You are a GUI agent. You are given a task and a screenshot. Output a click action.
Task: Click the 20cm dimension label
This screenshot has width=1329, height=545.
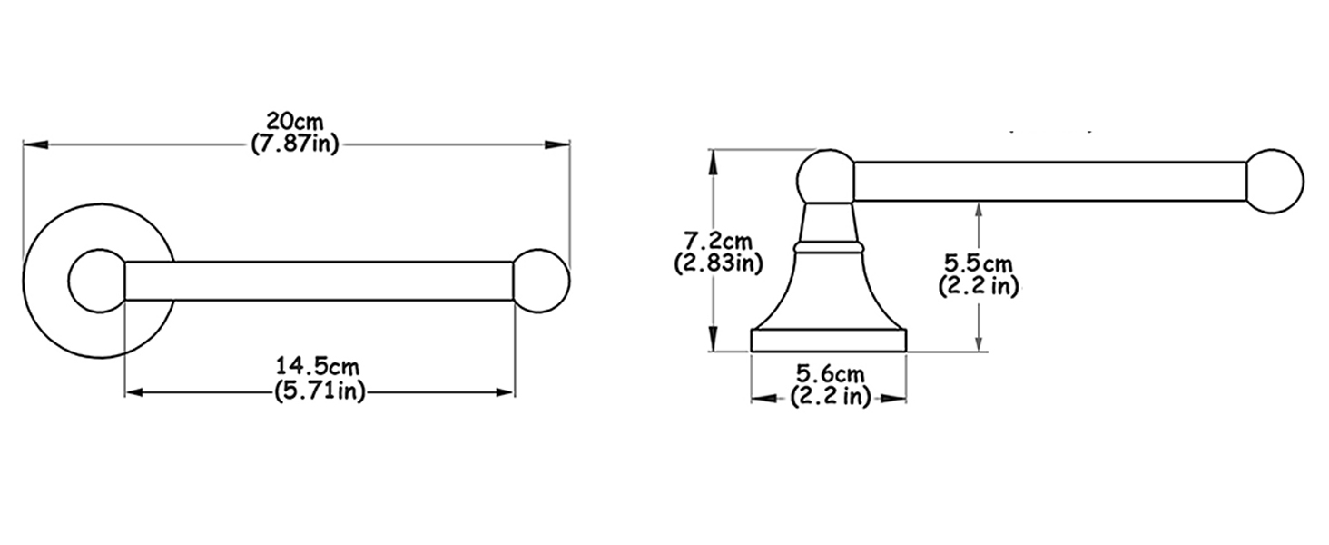[x=294, y=122]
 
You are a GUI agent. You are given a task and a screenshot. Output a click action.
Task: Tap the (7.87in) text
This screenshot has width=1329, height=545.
[x=294, y=144]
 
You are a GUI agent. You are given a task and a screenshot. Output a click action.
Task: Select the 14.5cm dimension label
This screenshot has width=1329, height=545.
[x=318, y=366]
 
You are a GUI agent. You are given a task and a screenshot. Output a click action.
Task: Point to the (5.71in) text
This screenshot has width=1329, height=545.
[x=320, y=391]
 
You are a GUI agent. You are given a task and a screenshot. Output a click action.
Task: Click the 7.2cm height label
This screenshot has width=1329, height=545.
[x=718, y=241]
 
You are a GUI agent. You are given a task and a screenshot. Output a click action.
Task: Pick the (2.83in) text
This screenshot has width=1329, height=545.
[x=718, y=263]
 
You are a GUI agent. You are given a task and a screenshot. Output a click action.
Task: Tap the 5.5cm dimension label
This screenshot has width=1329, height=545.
[x=979, y=263]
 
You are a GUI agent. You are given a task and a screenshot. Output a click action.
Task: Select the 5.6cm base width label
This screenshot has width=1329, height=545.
[x=830, y=374]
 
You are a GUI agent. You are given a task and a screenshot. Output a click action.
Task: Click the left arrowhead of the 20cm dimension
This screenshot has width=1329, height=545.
[x=35, y=144]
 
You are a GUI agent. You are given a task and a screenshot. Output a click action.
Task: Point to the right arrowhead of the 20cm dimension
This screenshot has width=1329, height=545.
[x=557, y=144]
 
